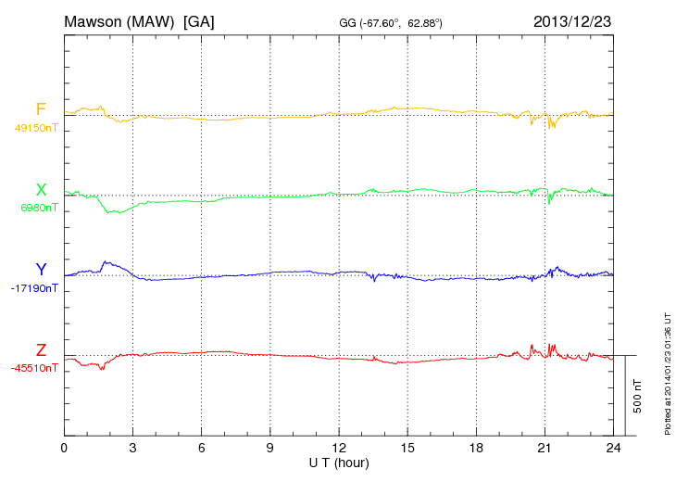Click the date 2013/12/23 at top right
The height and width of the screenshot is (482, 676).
(x=571, y=20)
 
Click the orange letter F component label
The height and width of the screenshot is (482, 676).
(x=41, y=109)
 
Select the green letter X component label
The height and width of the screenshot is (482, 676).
(x=41, y=190)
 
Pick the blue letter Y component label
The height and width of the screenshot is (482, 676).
(x=41, y=270)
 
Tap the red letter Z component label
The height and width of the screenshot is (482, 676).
(x=41, y=349)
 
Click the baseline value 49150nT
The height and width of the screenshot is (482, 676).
(x=35, y=128)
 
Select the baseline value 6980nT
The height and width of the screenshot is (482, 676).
(x=38, y=208)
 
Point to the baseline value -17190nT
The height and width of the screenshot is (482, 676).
(x=34, y=288)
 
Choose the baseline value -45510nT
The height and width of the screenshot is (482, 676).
(x=34, y=368)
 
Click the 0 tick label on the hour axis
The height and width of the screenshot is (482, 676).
(x=64, y=449)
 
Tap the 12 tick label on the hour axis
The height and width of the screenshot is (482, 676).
(x=338, y=449)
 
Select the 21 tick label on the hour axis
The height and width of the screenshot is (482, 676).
(x=544, y=449)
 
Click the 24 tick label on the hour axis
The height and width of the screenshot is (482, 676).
(x=612, y=449)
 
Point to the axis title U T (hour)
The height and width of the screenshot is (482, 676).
(x=338, y=462)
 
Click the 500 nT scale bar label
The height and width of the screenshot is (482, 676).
(x=637, y=395)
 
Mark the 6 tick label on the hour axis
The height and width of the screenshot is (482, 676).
(x=201, y=449)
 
